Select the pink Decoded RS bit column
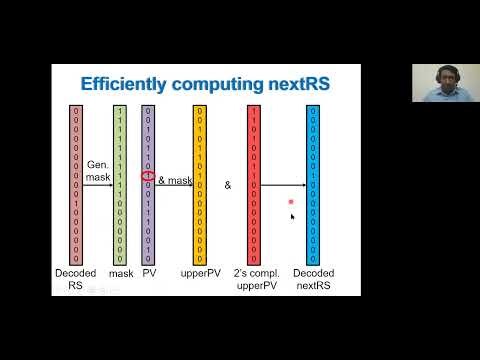point(75,184)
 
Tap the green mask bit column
point(120,184)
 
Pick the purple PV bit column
point(149,184)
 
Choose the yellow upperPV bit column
point(199,184)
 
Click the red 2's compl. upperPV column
point(254,184)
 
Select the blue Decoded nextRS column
point(312,184)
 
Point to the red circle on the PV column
point(149,178)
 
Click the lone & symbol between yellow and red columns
point(227,185)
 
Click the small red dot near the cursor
point(290,202)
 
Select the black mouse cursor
point(292,215)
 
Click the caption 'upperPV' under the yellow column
point(199,272)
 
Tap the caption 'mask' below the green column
point(120,272)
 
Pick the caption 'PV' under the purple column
point(149,272)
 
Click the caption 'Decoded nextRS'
point(312,278)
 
